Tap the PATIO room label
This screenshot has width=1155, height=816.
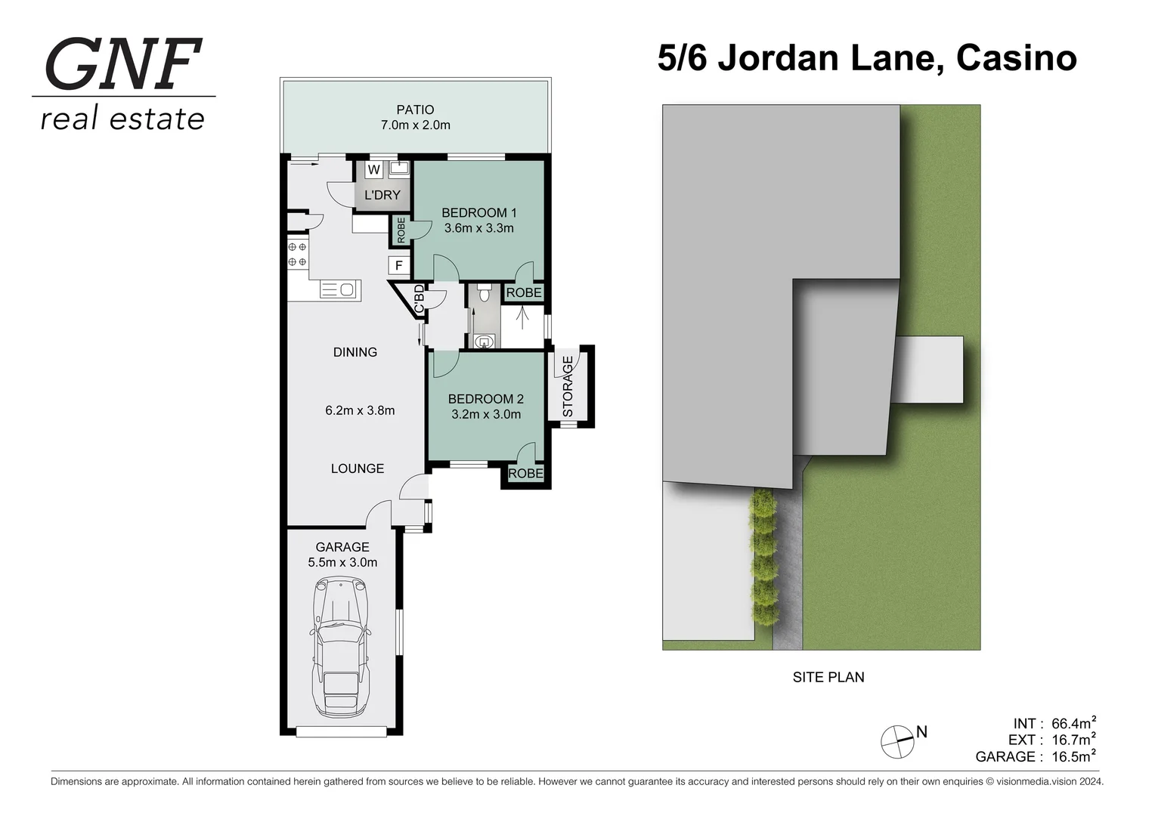coord(415,110)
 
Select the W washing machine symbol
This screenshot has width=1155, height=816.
coord(373,170)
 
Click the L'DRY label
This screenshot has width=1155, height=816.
coord(382,195)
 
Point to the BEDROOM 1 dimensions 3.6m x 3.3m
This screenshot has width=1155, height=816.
coord(478,228)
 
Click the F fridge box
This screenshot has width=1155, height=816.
coord(398,266)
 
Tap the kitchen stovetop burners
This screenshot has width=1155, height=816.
coord(297,255)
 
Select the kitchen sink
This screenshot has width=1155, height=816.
coord(339,289)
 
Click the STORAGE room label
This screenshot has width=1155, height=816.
coord(568,386)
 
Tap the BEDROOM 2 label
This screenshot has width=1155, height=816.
coord(485,399)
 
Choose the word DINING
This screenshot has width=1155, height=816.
coord(355,352)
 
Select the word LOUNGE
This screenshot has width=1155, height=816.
coord(358,468)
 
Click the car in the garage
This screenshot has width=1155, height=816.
coord(342,648)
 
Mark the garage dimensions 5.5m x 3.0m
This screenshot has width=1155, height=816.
coord(342,562)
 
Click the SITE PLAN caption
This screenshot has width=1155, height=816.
coord(828,678)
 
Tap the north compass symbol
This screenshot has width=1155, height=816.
coord(897,741)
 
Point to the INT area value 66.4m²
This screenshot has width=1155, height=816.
coord(1073,723)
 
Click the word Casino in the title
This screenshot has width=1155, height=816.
coord(1016,58)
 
